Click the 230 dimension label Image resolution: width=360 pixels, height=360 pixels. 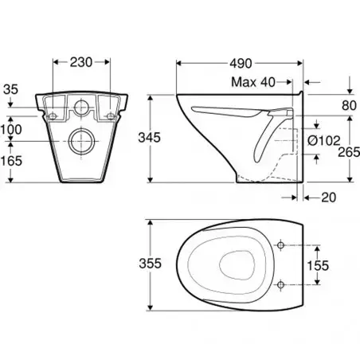point(81,62)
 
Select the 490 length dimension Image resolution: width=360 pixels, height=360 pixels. point(241,64)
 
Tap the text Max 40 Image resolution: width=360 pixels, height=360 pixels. point(253,82)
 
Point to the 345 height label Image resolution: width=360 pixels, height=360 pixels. point(150,138)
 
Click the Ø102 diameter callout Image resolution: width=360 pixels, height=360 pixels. point(324,140)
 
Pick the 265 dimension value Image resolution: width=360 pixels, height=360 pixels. point(349,152)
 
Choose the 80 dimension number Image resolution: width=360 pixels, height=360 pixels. point(349,106)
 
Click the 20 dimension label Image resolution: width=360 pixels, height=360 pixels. point(328,198)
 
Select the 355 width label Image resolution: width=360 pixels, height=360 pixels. point(150,264)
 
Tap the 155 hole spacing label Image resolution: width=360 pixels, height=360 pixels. point(318,265)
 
